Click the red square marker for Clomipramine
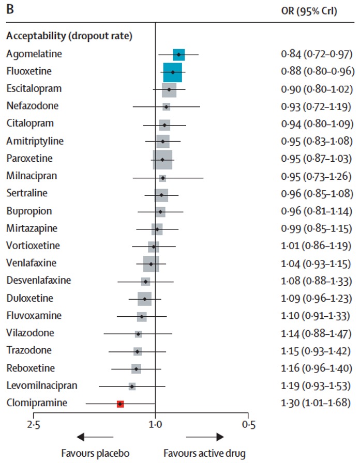click(x=121, y=404)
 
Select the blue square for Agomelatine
click(x=179, y=55)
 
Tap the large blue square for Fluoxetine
click(x=173, y=72)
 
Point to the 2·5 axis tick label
click(x=34, y=425)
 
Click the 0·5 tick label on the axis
click(x=249, y=425)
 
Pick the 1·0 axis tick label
click(x=156, y=425)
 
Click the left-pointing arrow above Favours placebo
click(x=95, y=437)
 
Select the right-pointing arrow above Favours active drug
click(x=205, y=437)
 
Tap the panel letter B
click(x=10, y=9)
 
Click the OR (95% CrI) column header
click(x=309, y=11)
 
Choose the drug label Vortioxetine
click(x=33, y=245)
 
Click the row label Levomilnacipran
click(x=42, y=385)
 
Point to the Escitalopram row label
click(x=34, y=88)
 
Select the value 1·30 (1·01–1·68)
click(x=316, y=403)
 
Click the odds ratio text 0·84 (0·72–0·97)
click(x=317, y=54)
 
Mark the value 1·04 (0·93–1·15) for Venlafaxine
click(x=316, y=264)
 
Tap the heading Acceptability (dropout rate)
click(x=69, y=36)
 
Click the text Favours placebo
click(x=95, y=453)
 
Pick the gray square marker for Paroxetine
click(x=162, y=160)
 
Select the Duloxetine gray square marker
click(x=144, y=299)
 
